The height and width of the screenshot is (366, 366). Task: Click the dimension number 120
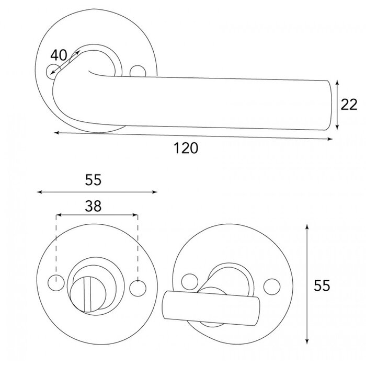tap(186, 148)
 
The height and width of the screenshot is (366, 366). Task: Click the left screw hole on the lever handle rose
tap(51, 73)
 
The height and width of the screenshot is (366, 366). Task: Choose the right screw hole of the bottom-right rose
tap(271, 286)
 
